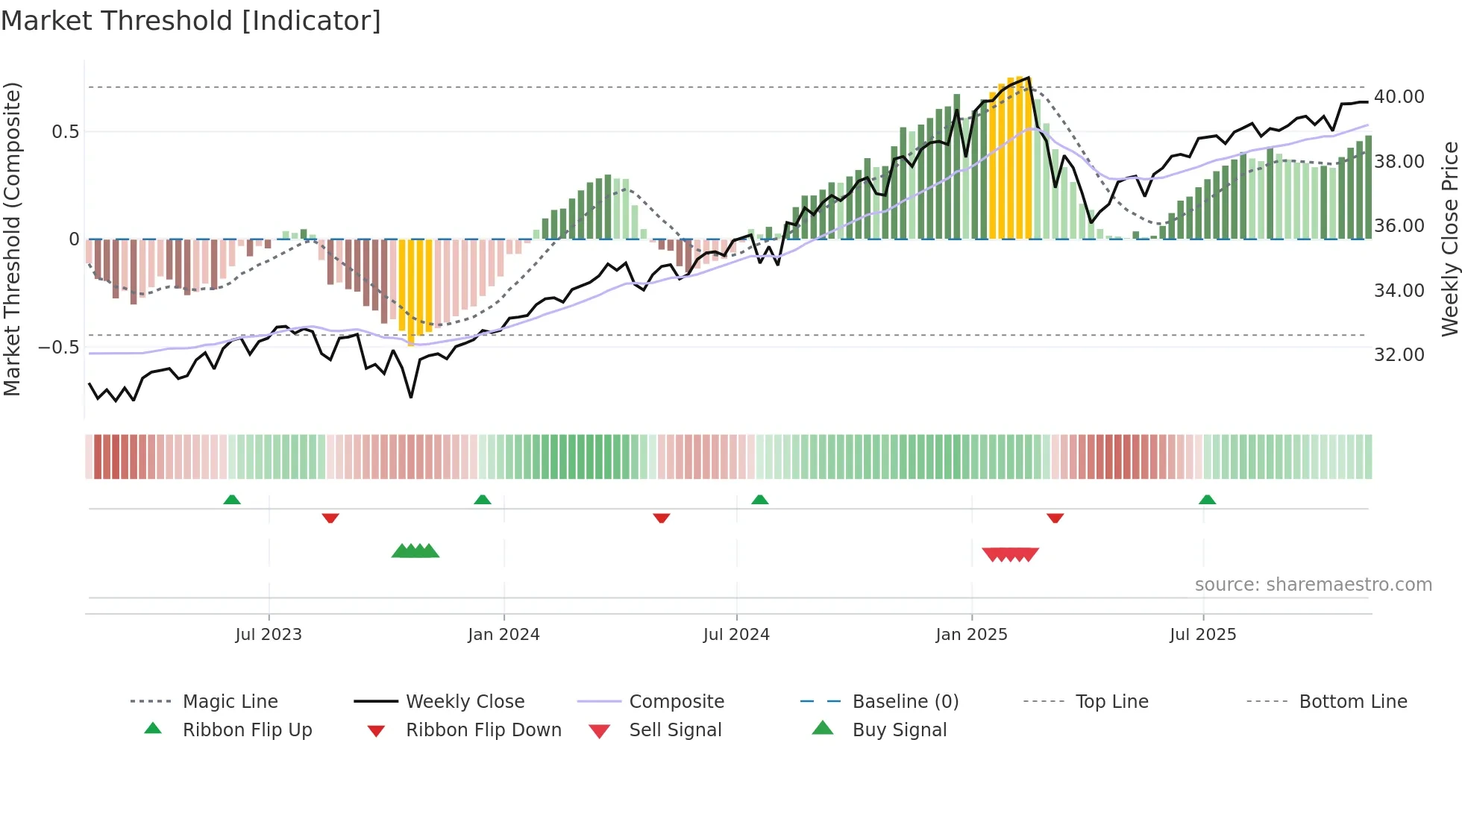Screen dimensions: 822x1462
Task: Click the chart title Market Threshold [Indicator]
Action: coord(191,21)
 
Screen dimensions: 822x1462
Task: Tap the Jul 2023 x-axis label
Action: coord(269,635)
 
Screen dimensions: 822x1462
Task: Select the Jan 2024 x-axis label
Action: coord(503,635)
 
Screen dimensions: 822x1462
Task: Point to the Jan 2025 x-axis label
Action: coord(971,635)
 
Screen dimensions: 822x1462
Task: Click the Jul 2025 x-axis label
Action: coord(1202,635)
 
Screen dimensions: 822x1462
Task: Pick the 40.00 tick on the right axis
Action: coord(1399,97)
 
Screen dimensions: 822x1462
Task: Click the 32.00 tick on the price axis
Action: coord(1399,355)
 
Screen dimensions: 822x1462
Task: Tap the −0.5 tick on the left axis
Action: coord(58,348)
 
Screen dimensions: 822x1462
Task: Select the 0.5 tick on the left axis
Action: coord(65,132)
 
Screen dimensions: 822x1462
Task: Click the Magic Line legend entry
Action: coord(230,702)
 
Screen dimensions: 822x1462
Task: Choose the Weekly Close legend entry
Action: coord(465,702)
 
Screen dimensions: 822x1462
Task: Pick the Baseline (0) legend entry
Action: coord(905,702)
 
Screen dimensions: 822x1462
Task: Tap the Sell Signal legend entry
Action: coord(675,730)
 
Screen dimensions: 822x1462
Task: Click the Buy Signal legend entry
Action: coord(899,730)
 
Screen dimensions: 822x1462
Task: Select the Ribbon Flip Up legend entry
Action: coord(247,730)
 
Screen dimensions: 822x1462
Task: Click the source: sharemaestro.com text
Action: coord(1313,585)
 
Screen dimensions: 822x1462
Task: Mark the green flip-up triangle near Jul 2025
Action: coord(1207,500)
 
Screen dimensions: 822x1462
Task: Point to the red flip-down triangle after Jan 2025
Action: coord(1055,518)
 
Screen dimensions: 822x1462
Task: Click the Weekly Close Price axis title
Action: coord(1449,239)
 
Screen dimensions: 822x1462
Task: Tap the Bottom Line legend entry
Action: coord(1352,702)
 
